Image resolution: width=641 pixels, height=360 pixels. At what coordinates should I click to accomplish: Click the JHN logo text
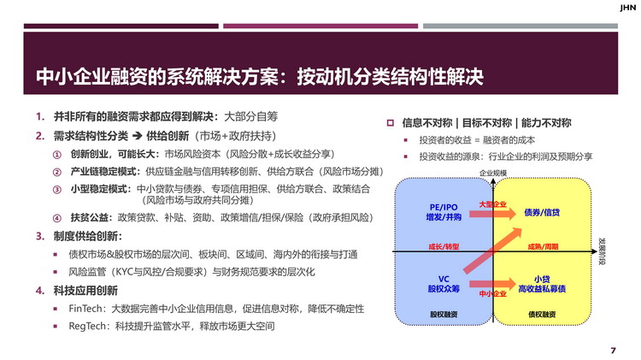click(627, 8)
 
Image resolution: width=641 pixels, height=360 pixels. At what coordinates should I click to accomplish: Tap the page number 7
click(613, 351)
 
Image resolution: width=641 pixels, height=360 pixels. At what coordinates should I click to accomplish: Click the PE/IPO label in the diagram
click(444, 208)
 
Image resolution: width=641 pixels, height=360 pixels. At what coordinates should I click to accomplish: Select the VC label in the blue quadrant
click(444, 279)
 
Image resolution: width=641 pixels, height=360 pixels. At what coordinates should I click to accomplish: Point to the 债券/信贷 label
click(542, 212)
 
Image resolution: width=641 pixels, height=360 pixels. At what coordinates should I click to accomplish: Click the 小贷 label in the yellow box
click(542, 279)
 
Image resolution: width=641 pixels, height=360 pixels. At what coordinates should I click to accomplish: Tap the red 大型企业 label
click(492, 204)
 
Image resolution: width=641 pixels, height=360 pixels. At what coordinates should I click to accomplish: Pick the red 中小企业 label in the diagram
click(492, 293)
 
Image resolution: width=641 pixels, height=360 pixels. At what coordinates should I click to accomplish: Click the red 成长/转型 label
click(444, 246)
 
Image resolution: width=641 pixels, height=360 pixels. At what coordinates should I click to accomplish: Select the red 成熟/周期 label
click(543, 246)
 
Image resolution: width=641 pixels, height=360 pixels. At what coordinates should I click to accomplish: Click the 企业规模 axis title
click(493, 173)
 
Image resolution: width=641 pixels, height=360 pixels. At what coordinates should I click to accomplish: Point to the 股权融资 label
click(444, 314)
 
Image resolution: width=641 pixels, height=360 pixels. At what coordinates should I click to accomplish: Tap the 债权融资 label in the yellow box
click(542, 314)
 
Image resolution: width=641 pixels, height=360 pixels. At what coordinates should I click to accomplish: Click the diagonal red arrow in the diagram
click(493, 251)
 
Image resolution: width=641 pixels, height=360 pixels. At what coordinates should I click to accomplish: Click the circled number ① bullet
click(56, 155)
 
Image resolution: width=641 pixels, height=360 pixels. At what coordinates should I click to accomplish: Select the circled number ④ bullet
click(56, 218)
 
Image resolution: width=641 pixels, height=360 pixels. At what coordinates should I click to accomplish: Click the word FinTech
click(85, 309)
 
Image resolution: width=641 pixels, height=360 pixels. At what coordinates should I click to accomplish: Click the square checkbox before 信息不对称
click(391, 123)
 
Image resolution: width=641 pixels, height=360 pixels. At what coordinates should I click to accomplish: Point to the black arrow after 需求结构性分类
click(138, 136)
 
